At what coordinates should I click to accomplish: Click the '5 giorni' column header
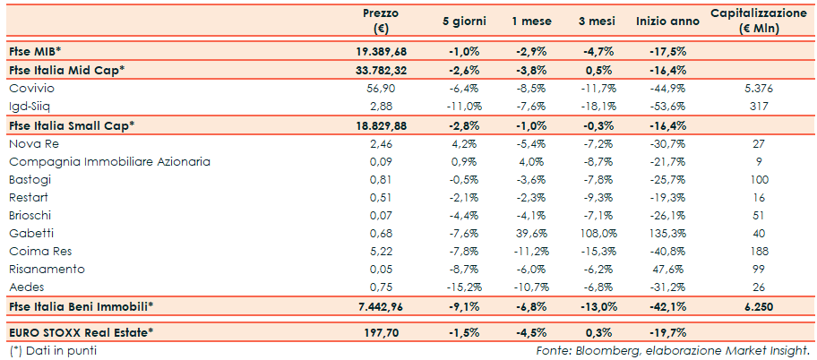pyautogui.click(x=464, y=21)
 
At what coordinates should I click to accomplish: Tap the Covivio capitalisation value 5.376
pyautogui.click(x=758, y=89)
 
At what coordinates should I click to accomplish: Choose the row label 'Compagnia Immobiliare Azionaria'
pyautogui.click(x=108, y=161)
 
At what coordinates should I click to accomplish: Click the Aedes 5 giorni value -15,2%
pyautogui.click(x=464, y=287)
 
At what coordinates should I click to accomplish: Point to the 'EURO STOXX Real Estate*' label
pyautogui.click(x=81, y=333)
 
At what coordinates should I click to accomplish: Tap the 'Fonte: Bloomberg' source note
pyautogui.click(x=673, y=350)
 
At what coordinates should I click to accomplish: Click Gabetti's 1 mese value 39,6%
pyautogui.click(x=532, y=234)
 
